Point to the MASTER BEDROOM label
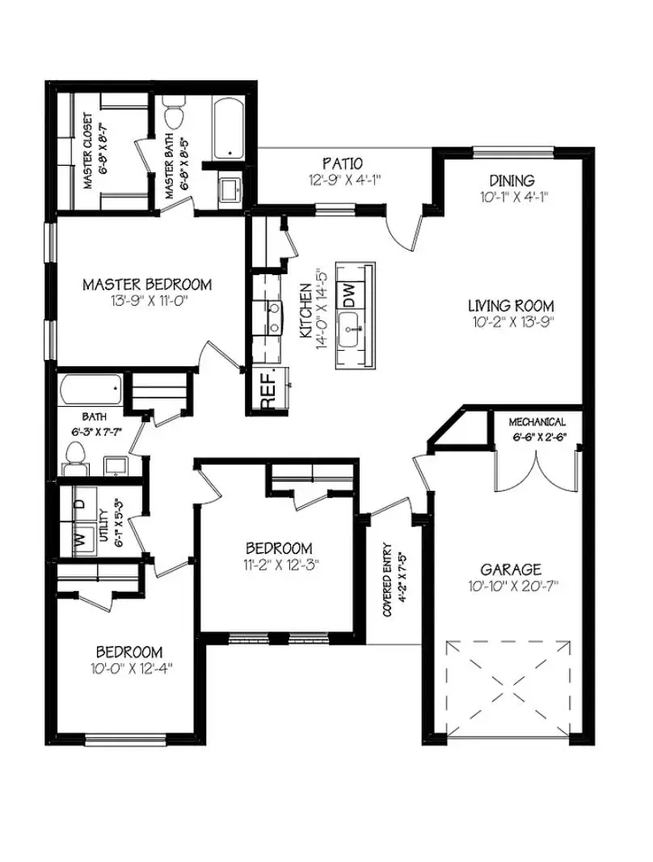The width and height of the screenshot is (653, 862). (147, 285)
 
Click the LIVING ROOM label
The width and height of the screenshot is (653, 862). (511, 306)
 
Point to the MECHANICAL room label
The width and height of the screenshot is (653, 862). (537, 422)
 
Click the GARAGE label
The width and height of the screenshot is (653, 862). (510, 569)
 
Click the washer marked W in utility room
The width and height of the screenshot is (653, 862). (81, 539)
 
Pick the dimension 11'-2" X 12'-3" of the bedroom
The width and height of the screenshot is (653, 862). (279, 564)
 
